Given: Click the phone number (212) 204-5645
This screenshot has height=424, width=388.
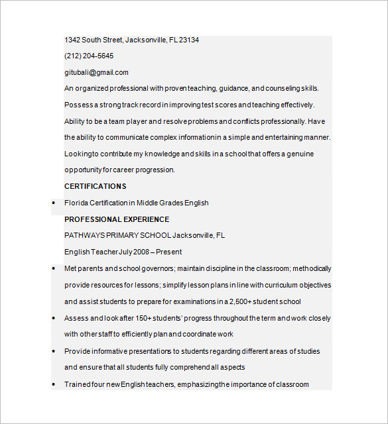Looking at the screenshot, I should [x=89, y=56].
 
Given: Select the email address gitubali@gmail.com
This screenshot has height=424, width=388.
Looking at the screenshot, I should [x=96, y=73].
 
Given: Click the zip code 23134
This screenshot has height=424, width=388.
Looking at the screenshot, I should [x=189, y=40].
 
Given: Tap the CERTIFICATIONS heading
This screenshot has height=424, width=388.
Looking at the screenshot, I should [x=95, y=186].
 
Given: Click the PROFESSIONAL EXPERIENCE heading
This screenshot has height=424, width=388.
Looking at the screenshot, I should [x=117, y=219].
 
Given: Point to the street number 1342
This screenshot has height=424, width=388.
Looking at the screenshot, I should [x=72, y=40].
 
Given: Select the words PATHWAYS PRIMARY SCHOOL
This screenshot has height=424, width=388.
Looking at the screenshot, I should [x=117, y=235].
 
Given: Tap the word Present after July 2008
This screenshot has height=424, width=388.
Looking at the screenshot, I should [x=168, y=252].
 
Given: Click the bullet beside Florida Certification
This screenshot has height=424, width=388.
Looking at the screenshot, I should [x=53, y=203].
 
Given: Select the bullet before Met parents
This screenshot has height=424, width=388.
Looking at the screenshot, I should [x=53, y=269].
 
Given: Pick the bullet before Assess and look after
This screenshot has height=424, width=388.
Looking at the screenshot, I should [x=53, y=319].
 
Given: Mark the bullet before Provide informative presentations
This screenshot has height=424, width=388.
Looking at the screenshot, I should [x=53, y=351].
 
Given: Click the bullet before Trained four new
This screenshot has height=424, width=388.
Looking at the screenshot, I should [x=53, y=385].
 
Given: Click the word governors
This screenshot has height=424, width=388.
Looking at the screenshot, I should [x=159, y=268].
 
